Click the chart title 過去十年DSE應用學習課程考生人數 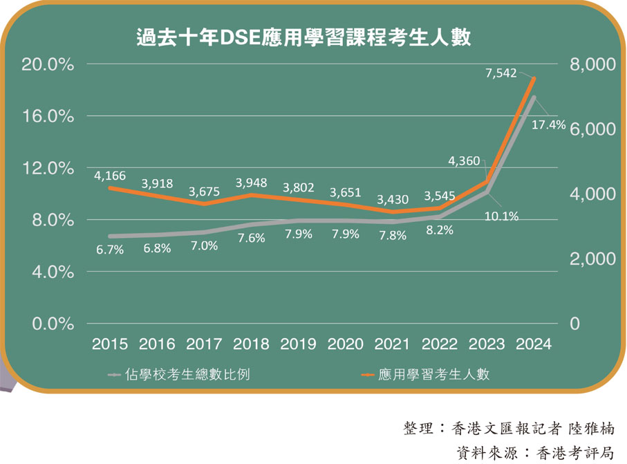[303, 37]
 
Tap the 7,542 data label [501, 72]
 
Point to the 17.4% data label [549, 124]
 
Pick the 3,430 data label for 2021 [393, 199]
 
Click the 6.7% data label [109, 250]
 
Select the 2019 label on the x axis [298, 344]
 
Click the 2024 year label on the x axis [534, 344]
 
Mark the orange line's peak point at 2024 [534, 78]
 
